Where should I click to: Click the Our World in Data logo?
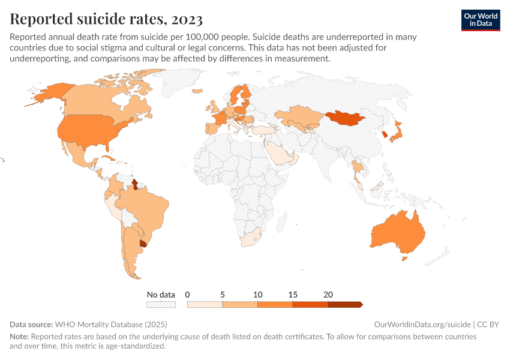(481, 20)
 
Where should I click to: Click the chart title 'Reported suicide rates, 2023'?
(106, 20)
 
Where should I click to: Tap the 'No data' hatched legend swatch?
(161, 305)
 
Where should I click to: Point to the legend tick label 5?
(223, 295)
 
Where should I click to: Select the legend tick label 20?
(328, 295)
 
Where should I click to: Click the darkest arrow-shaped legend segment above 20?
(345, 305)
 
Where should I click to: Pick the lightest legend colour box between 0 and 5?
(205, 305)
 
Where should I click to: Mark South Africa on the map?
(250, 236)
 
